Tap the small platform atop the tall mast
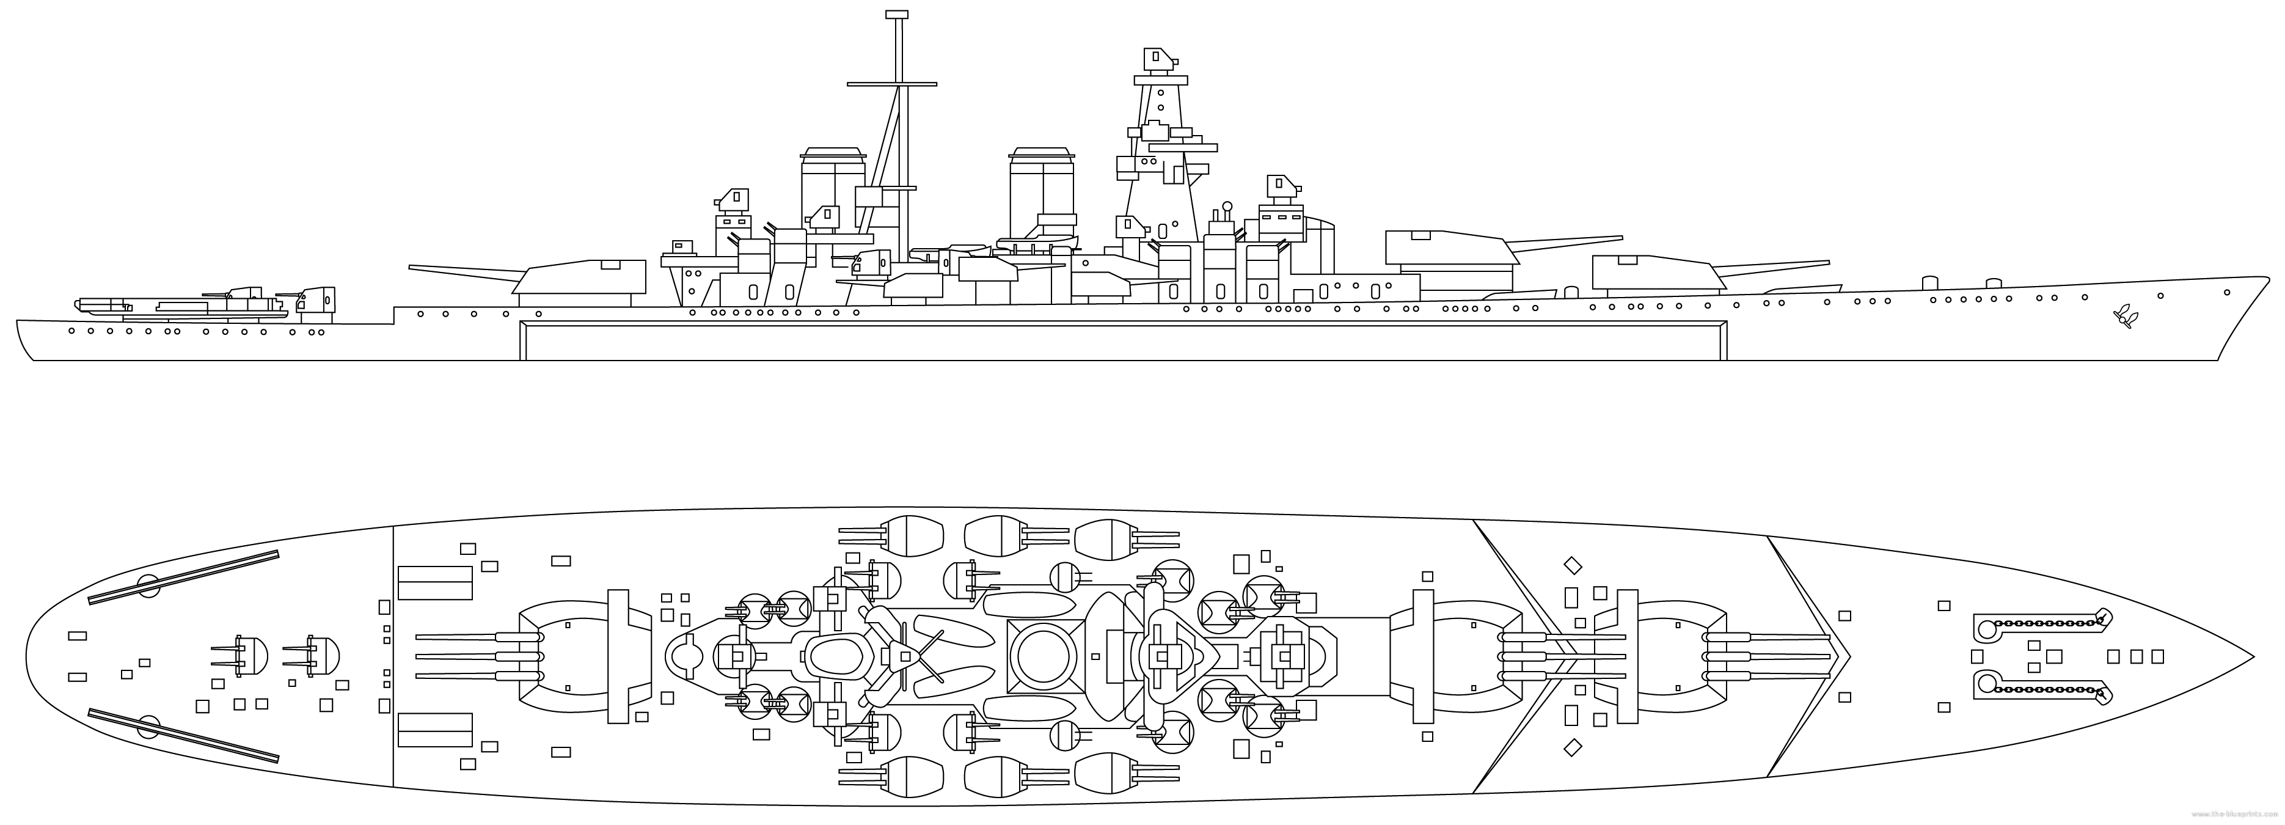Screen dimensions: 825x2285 pos(898,14)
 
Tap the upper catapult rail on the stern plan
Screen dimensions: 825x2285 pos(184,577)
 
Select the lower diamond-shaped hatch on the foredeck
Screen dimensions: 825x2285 pos(1573,748)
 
